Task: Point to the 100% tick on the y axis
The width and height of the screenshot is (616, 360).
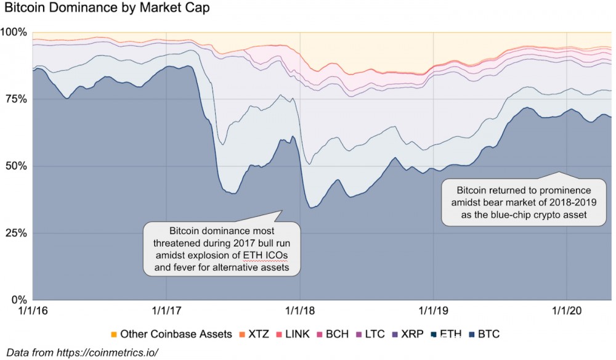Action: pyautogui.click(x=14, y=32)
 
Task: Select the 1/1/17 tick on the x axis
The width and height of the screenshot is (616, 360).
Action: pyautogui.click(x=166, y=311)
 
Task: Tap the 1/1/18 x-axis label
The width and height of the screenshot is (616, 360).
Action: pyautogui.click(x=300, y=311)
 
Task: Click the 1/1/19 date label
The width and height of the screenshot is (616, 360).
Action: pyautogui.click(x=434, y=311)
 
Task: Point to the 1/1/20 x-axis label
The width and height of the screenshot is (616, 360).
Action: pyautogui.click(x=567, y=311)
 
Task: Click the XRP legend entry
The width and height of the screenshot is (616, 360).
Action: pyautogui.click(x=411, y=335)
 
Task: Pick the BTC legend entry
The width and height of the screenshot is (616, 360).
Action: pyautogui.click(x=487, y=335)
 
